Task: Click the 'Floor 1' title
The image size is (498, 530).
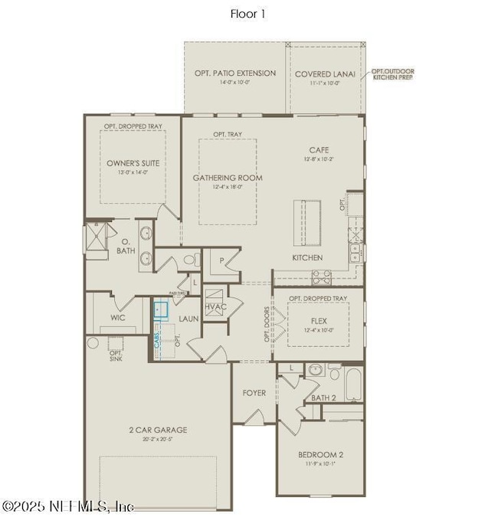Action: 248,13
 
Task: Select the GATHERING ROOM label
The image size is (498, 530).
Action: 228,178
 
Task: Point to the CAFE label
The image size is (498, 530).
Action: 319,150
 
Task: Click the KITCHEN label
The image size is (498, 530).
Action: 307,258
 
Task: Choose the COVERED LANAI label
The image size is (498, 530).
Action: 325,74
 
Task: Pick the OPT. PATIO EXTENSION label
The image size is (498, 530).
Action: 235,74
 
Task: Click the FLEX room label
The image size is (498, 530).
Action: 319,322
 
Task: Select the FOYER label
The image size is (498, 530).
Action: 254,393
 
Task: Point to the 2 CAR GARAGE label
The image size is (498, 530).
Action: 159,430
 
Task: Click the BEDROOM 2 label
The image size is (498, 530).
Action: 320,455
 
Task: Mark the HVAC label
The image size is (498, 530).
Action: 215,306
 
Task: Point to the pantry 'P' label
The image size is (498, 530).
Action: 221,260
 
